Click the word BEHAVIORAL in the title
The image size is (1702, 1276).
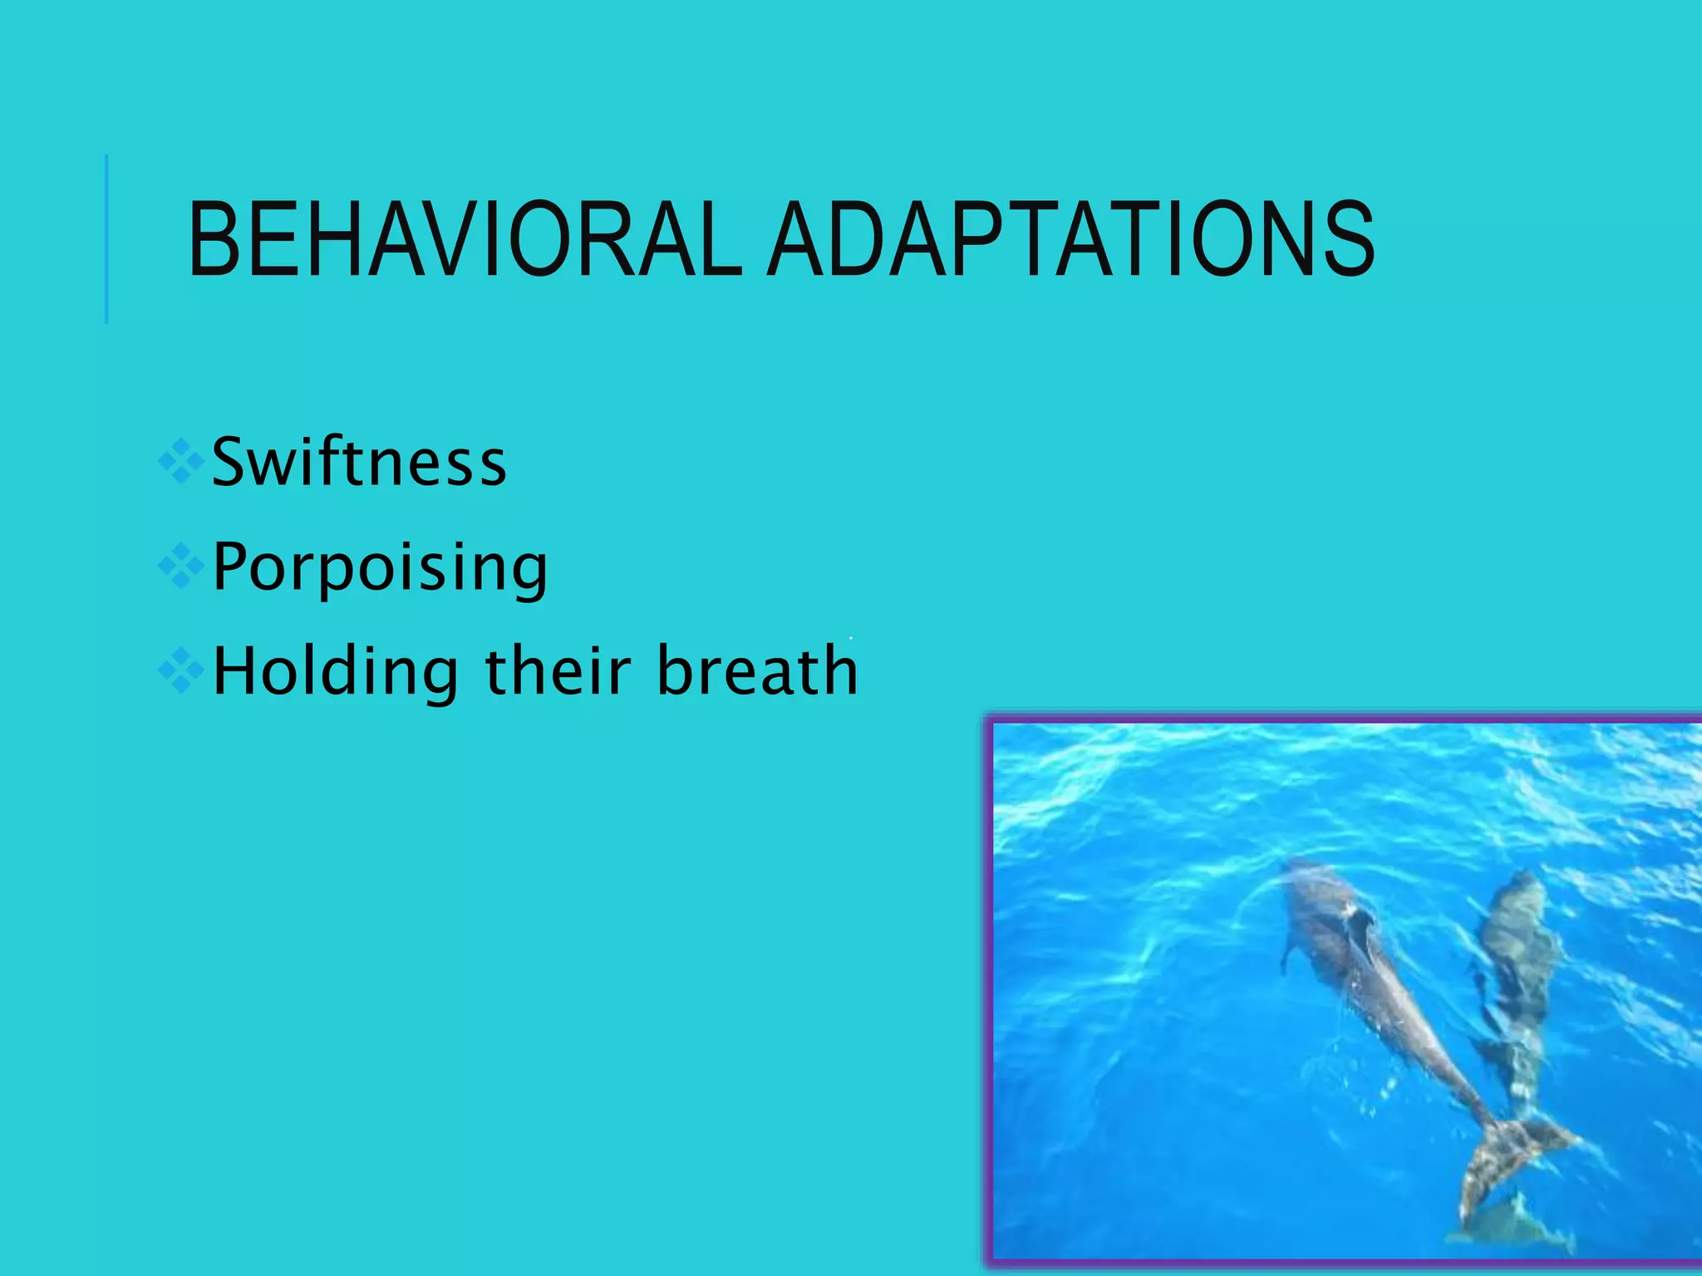click(465, 241)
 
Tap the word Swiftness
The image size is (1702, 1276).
click(359, 462)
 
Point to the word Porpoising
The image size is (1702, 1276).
click(380, 567)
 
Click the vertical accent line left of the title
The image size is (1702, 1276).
click(106, 239)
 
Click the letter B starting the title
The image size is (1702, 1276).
click(212, 241)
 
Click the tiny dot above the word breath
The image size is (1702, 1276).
click(851, 638)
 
